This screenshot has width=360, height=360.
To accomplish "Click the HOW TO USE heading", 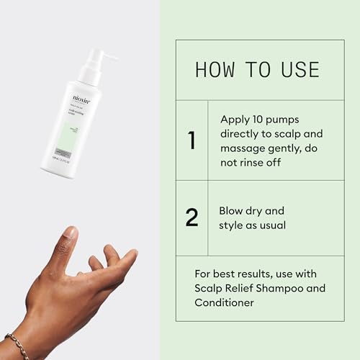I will (x=257, y=70).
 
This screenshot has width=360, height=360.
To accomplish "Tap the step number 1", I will (x=192, y=140).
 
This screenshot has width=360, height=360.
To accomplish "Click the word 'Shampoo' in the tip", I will (x=296, y=289).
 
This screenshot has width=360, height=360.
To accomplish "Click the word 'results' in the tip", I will (x=257, y=273).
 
